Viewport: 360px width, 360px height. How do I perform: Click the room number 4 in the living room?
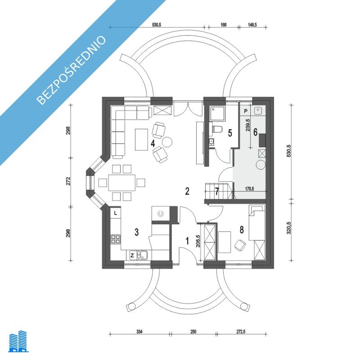pos(153,143)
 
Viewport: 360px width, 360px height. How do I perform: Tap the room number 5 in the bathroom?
pos(230,133)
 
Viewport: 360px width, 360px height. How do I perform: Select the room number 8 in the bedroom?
pos(242,229)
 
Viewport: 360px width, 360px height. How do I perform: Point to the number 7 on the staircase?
pos(217,191)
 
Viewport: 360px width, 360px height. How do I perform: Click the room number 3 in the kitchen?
pos(137,232)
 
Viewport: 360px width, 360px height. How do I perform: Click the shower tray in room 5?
pos(217,113)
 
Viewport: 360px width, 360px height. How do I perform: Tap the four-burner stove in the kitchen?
pos(116,239)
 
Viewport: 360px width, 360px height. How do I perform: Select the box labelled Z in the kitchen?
pos(132,255)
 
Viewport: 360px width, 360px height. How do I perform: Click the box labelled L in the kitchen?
pos(116,213)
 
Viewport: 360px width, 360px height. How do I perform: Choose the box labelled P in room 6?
pos(246,111)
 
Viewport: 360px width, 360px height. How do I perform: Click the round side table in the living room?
pos(167,142)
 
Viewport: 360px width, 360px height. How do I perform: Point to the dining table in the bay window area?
pos(122,183)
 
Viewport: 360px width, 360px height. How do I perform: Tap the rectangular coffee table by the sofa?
pos(141,139)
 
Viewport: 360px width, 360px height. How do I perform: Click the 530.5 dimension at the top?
pos(156,25)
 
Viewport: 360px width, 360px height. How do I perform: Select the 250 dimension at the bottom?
pos(193,332)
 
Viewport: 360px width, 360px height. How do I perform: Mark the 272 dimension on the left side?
pos(68,181)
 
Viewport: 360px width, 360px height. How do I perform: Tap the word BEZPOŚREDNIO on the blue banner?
pos(72,70)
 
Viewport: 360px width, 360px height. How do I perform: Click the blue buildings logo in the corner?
pos(18,341)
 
